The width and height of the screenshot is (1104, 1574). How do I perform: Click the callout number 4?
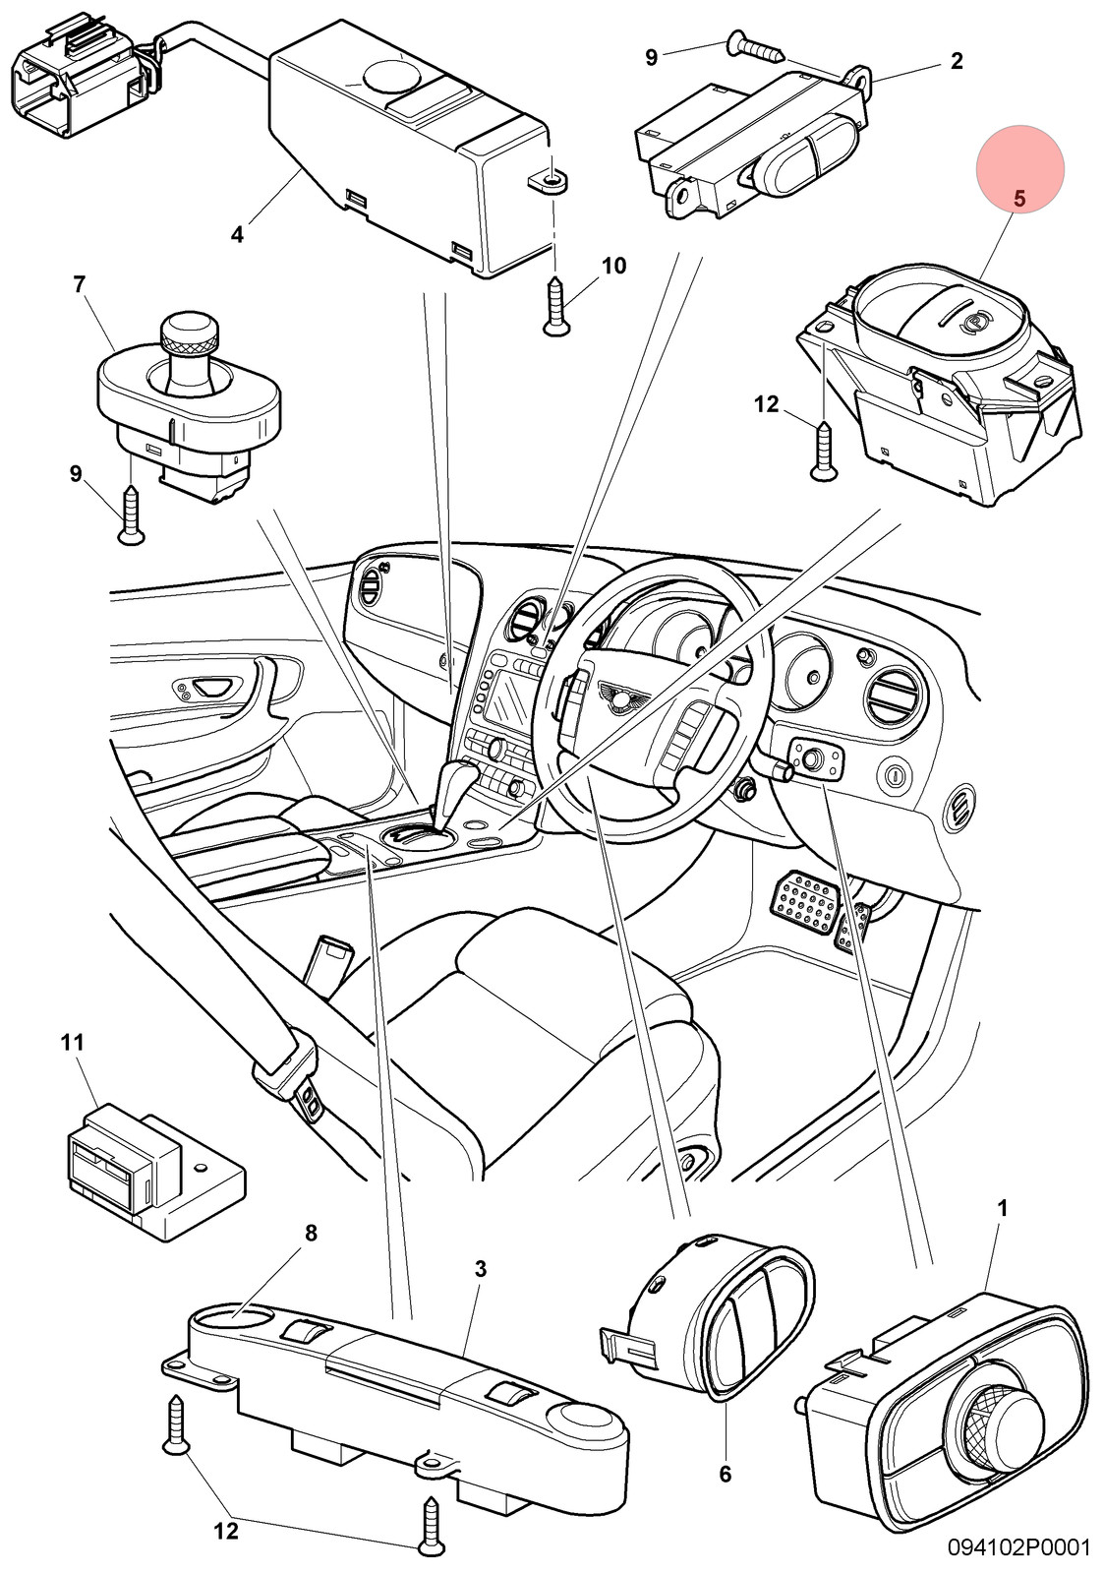[x=237, y=234]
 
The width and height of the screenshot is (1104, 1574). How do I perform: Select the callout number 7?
[x=79, y=284]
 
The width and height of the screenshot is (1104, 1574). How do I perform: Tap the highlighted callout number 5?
[x=1019, y=199]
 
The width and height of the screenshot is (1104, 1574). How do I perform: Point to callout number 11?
[x=72, y=1042]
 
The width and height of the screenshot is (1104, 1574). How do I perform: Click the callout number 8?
[x=311, y=1234]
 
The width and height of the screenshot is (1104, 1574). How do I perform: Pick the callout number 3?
[x=481, y=1269]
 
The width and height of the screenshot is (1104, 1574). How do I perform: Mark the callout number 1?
[x=1002, y=1208]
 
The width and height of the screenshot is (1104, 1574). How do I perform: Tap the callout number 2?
[x=957, y=61]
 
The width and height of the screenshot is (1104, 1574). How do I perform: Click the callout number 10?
[x=613, y=266]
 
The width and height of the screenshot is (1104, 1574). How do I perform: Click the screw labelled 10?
[x=556, y=306]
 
